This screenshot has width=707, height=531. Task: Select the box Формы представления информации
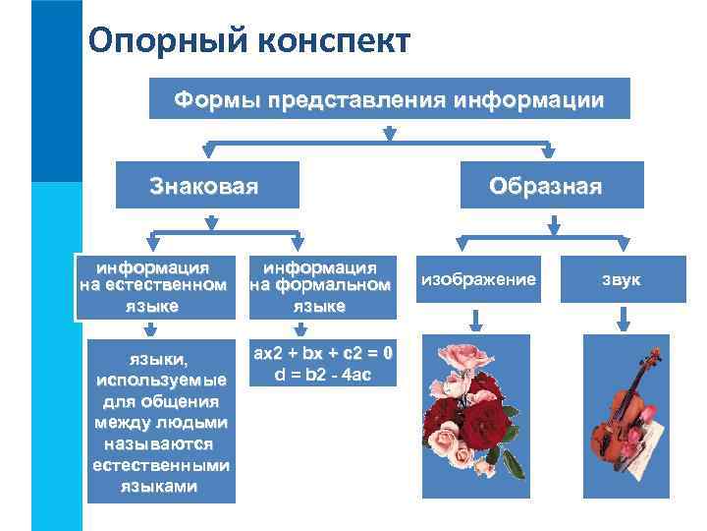tap(389, 99)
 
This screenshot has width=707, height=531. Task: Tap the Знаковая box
tap(203, 185)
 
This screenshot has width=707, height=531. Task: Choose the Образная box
tap(553, 186)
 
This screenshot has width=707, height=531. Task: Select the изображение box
tap(478, 280)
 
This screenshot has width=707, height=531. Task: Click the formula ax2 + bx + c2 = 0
tap(324, 352)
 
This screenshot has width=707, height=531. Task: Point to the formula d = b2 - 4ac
tap(323, 376)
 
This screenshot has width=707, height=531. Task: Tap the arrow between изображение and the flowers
tap(475, 320)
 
